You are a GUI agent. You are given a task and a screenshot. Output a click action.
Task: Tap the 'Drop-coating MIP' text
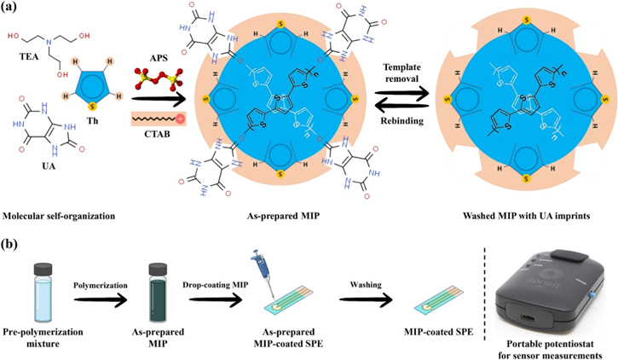(x=221, y=277)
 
